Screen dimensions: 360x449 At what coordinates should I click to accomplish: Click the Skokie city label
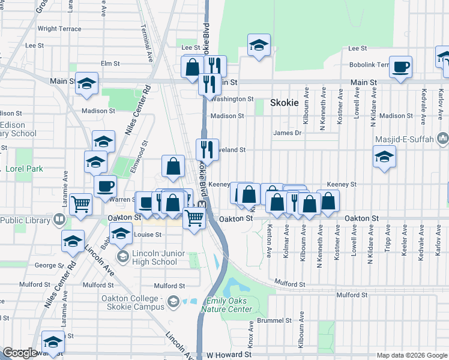[x=284, y=103]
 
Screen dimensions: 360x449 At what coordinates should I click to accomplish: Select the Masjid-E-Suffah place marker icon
[x=444, y=139]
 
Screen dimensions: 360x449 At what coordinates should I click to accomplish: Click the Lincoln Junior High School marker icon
[x=123, y=257]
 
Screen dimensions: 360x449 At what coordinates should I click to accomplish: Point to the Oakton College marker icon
[x=173, y=301]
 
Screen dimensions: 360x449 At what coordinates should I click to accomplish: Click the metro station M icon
[x=202, y=205]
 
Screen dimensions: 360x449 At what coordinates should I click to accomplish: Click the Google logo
[x=20, y=353]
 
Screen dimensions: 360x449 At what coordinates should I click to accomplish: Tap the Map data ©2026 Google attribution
[x=411, y=355]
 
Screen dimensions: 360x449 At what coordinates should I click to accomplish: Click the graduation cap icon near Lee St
[x=259, y=45]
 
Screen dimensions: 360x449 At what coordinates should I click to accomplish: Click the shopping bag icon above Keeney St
[x=173, y=166]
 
